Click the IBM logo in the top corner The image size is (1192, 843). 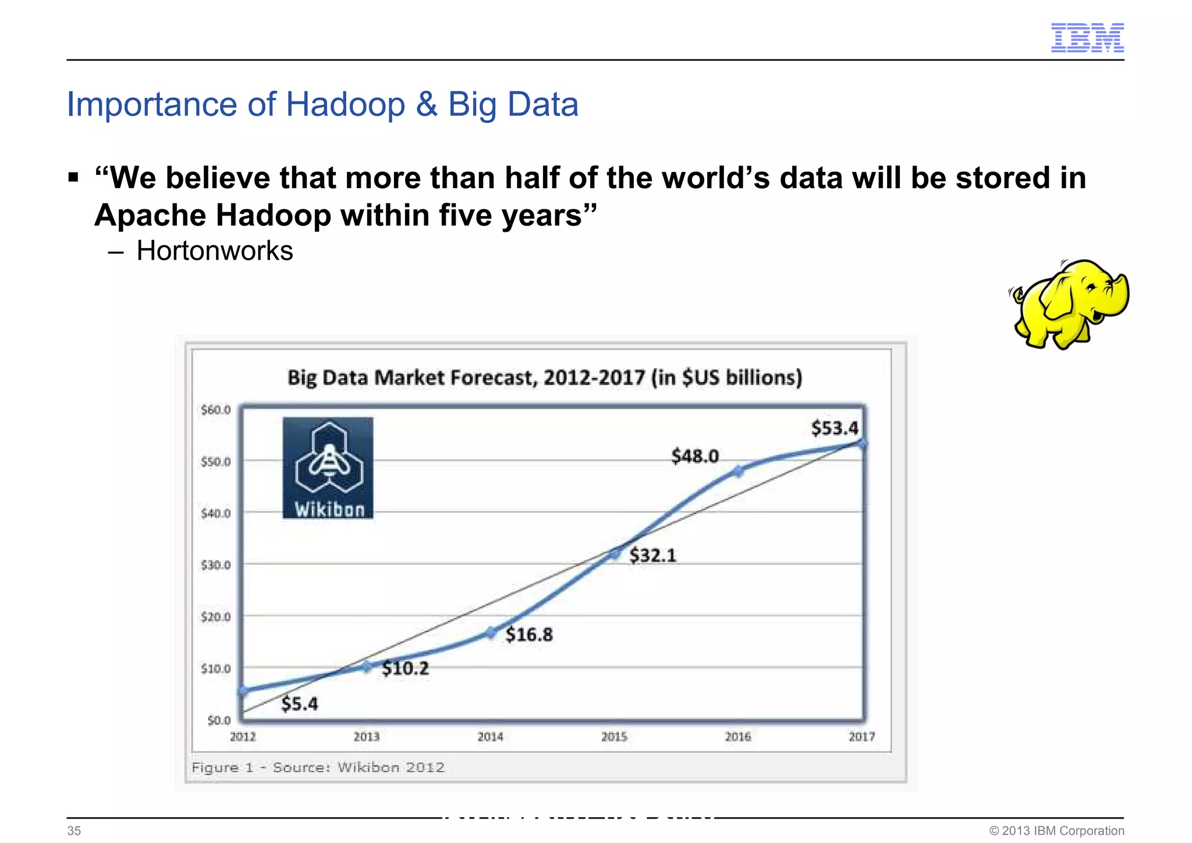1087,38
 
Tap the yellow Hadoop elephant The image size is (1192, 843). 1070,304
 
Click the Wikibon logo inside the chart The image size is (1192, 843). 328,468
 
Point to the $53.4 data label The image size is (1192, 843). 834,428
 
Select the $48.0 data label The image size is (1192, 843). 695,456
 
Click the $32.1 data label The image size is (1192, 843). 652,555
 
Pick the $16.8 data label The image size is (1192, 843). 528,634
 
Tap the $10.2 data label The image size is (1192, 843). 405,668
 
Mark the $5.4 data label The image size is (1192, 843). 299,704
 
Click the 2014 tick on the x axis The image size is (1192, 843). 490,737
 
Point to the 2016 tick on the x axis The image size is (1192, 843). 737,737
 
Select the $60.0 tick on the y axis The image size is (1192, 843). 215,410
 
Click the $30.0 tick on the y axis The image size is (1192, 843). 215,565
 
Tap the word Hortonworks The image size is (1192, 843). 214,251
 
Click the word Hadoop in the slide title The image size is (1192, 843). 345,105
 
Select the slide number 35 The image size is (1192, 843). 74,831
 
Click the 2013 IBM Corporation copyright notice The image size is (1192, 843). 1056,831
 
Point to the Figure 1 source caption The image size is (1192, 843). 318,767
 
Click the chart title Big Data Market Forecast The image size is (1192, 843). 545,378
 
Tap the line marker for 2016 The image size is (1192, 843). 738,471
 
